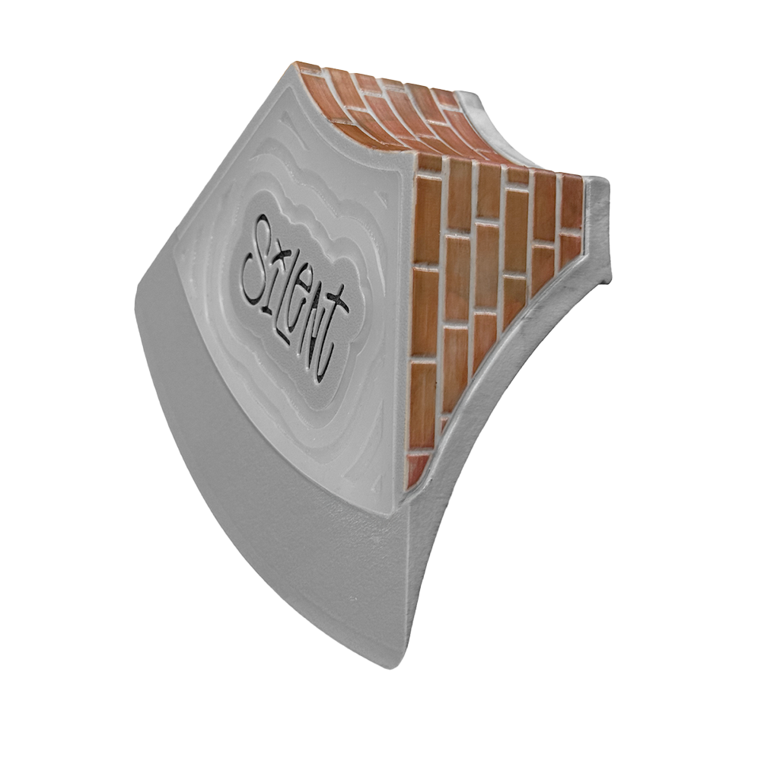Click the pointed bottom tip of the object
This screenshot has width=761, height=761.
point(393,667)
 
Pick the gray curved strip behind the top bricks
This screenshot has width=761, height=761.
point(479,107)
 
